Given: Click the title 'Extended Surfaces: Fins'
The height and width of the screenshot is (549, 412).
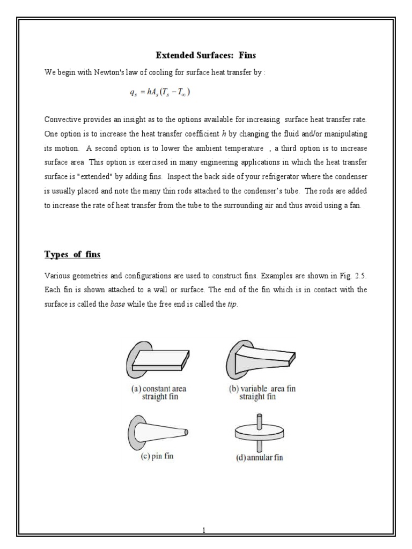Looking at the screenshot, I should tap(206, 55).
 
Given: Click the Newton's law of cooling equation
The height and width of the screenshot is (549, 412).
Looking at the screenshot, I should tap(160, 92).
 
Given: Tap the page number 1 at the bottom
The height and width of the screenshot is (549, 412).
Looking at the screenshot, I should tap(204, 530).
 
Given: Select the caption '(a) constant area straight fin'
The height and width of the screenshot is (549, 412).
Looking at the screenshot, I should tap(159, 393).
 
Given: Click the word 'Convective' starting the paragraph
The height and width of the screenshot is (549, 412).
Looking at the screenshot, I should tap(63, 118).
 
